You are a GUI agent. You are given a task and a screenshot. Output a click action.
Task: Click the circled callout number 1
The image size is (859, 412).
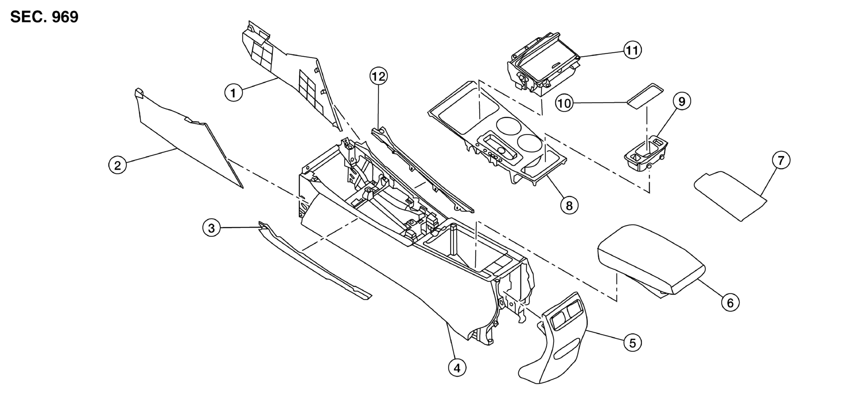[234, 93]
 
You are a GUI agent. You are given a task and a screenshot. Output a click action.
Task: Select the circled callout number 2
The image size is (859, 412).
[118, 165]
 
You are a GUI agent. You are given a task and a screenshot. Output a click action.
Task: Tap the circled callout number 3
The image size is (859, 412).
[211, 228]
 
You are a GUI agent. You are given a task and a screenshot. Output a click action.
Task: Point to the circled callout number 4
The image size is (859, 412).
[457, 368]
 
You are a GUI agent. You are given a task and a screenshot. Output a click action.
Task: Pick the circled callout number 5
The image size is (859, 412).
[632, 343]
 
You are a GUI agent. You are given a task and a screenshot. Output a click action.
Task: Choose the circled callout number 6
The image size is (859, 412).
[730, 302]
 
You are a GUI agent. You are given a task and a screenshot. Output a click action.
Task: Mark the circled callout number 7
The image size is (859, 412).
[781, 160]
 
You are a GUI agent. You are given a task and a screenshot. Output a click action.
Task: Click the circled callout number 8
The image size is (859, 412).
[569, 205]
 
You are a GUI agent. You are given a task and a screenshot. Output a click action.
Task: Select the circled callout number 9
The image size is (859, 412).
[682, 101]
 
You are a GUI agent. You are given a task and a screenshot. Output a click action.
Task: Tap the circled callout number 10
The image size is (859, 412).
[564, 103]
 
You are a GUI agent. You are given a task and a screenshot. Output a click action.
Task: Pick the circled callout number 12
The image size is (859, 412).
[379, 76]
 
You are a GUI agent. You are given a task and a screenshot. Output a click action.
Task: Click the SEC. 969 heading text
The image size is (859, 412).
[44, 17]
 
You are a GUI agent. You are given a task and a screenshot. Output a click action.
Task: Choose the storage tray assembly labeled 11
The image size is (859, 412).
[542, 65]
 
